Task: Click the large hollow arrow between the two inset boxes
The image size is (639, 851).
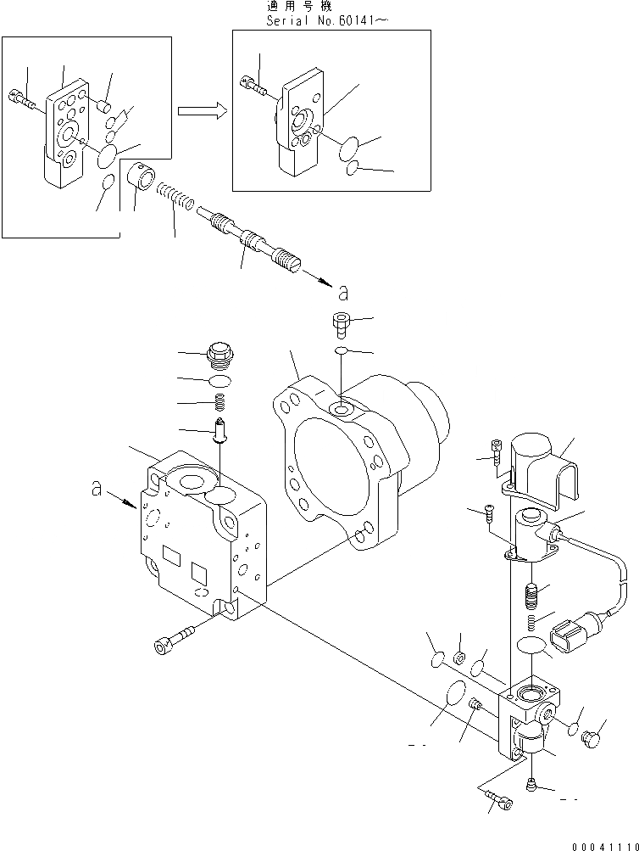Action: (x=202, y=111)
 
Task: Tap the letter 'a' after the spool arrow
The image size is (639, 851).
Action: (x=342, y=294)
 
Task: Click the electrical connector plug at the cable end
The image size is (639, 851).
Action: (x=565, y=637)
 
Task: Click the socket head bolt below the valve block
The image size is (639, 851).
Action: (x=173, y=638)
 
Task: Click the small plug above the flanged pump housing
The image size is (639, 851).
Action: (x=339, y=323)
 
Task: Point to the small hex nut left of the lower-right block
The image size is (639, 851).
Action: (x=460, y=658)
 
